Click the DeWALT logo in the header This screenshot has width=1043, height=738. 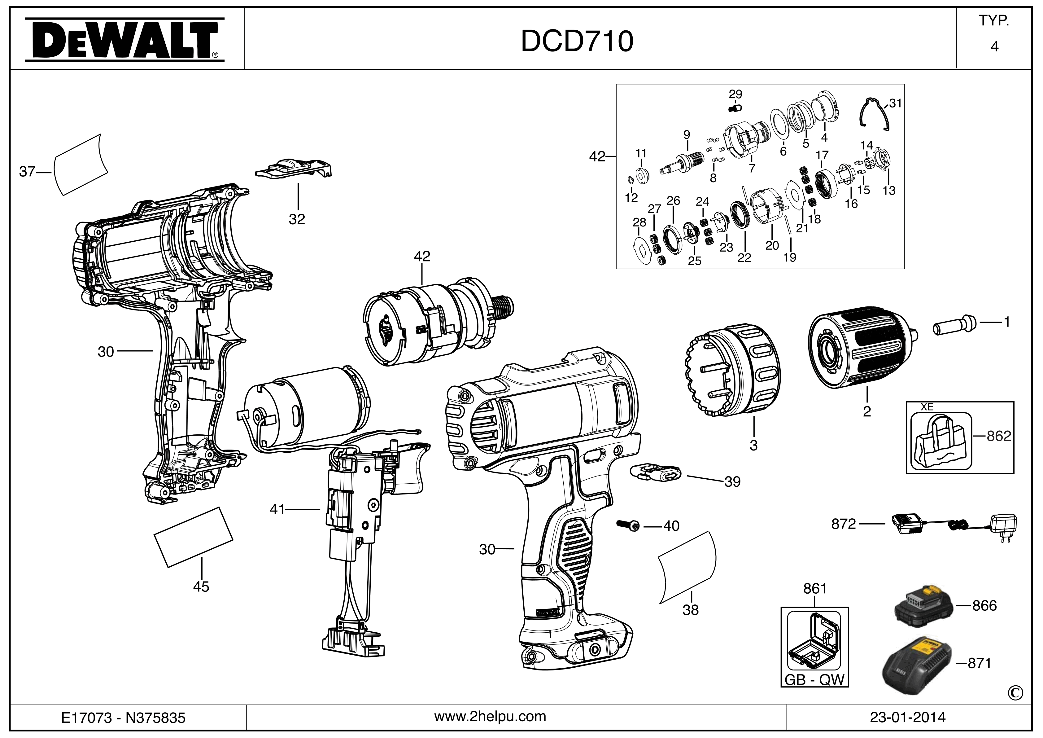coord(124,39)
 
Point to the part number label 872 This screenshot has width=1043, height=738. coord(843,524)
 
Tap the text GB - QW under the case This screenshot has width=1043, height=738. coord(814,680)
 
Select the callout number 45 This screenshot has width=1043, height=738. coord(201,587)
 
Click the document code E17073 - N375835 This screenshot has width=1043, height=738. coord(124,718)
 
